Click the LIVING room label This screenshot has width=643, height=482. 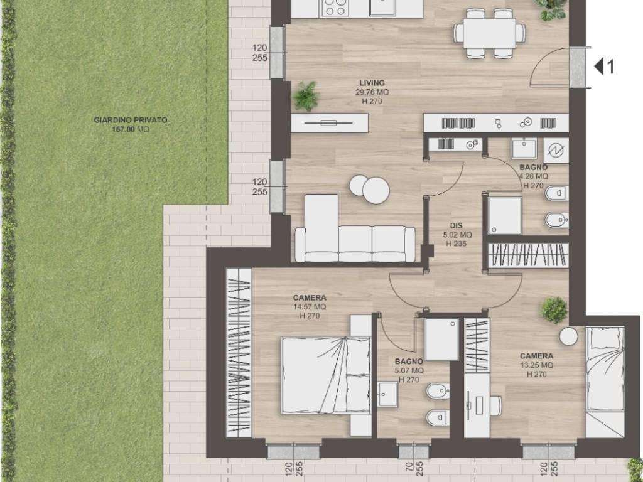(x=372, y=83)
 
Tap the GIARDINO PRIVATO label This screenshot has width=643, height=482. (x=131, y=120)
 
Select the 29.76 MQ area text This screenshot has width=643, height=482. (x=372, y=92)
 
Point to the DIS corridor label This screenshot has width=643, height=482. (x=456, y=225)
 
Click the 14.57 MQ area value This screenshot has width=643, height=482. (x=310, y=306)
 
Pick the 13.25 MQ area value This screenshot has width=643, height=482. (x=536, y=365)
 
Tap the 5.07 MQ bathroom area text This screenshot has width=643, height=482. (x=409, y=370)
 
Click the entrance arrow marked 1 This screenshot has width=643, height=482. (x=605, y=67)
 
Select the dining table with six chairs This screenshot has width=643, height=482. (x=489, y=33)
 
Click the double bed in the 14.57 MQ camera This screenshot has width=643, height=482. (x=326, y=375)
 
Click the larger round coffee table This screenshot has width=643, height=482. (x=376, y=191)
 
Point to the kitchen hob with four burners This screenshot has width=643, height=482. (x=335, y=8)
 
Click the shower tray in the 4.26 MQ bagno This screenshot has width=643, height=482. (x=505, y=216)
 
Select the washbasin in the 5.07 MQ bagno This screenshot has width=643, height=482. (x=387, y=394)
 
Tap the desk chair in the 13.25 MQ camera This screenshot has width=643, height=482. (x=495, y=405)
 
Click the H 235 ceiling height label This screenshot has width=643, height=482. (x=456, y=244)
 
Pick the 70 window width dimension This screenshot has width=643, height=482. (x=408, y=467)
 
